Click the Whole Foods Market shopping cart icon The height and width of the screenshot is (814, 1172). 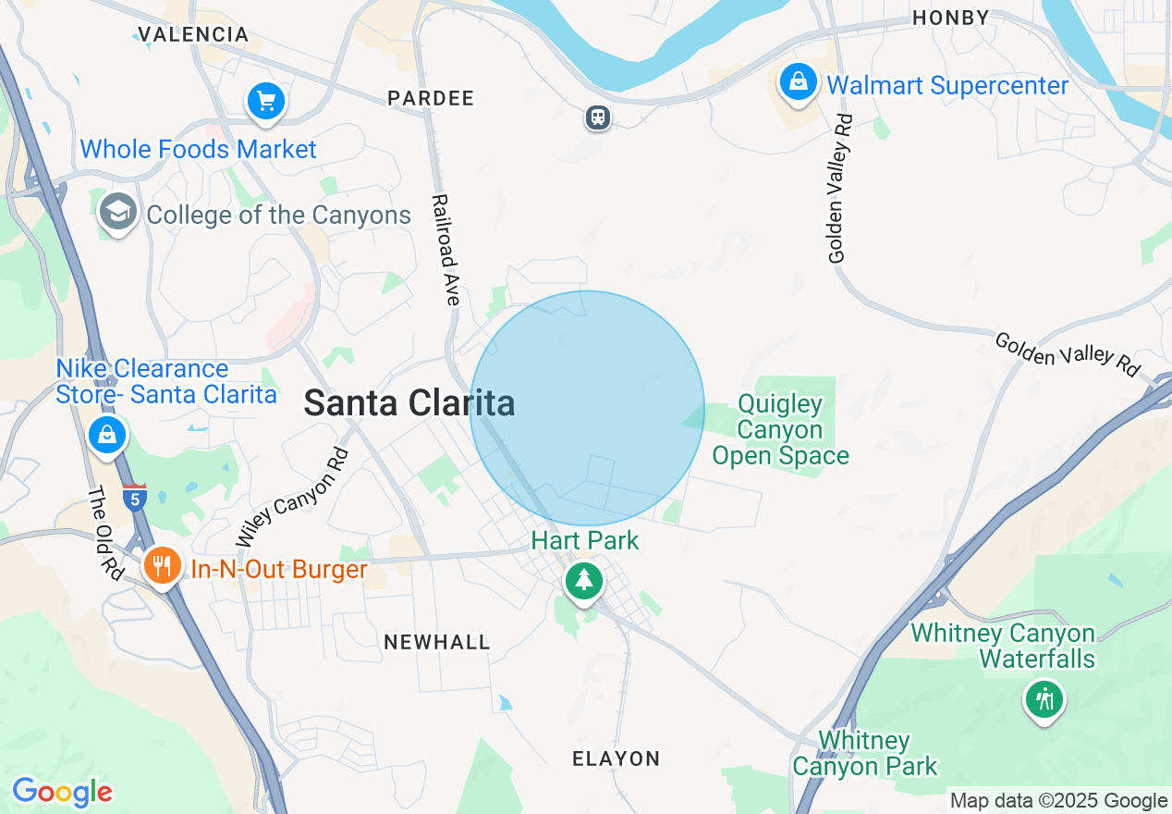[x=266, y=101]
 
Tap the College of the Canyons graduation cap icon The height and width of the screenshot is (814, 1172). [x=117, y=213]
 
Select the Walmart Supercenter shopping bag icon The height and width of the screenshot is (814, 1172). [x=797, y=81]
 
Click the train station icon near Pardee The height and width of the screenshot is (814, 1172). [x=598, y=117]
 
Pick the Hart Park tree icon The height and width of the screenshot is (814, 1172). [x=583, y=581]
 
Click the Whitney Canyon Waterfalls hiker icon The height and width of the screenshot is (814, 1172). [x=1044, y=698]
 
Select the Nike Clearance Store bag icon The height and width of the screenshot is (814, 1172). [x=106, y=433]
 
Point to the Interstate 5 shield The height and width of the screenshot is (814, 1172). [x=134, y=497]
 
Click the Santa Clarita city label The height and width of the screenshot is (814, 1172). [x=409, y=403]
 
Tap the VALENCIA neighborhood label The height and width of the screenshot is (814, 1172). [x=193, y=35]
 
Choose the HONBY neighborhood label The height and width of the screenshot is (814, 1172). [x=950, y=18]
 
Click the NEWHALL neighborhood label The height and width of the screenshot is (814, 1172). [x=437, y=642]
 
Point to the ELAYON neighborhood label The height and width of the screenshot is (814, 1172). [x=617, y=758]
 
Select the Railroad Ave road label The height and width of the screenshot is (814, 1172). [x=446, y=250]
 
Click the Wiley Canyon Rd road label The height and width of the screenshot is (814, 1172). [x=292, y=497]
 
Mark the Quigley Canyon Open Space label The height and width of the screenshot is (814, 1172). [x=780, y=430]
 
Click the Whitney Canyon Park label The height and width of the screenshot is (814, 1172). [x=864, y=753]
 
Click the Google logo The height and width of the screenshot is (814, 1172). [x=62, y=792]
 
